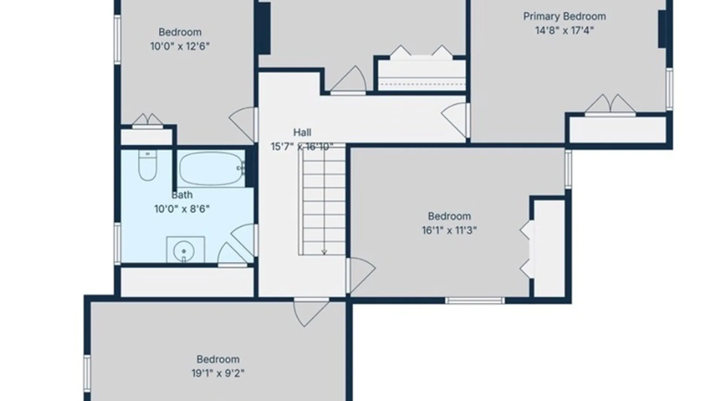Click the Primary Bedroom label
[564, 17]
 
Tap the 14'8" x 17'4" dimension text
[564, 30]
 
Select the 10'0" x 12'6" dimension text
[180, 46]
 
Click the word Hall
[302, 132]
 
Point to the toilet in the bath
[147, 165]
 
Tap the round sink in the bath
[184, 251]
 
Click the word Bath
[182, 195]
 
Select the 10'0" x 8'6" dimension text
[182, 209]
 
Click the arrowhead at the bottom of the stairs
[324, 252]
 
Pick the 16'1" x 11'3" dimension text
[449, 231]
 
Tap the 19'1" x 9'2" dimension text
[218, 373]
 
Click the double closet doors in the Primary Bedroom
[611, 104]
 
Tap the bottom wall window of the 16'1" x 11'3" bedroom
[475, 300]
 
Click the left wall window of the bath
[117, 244]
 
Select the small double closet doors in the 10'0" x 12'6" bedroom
[147, 121]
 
